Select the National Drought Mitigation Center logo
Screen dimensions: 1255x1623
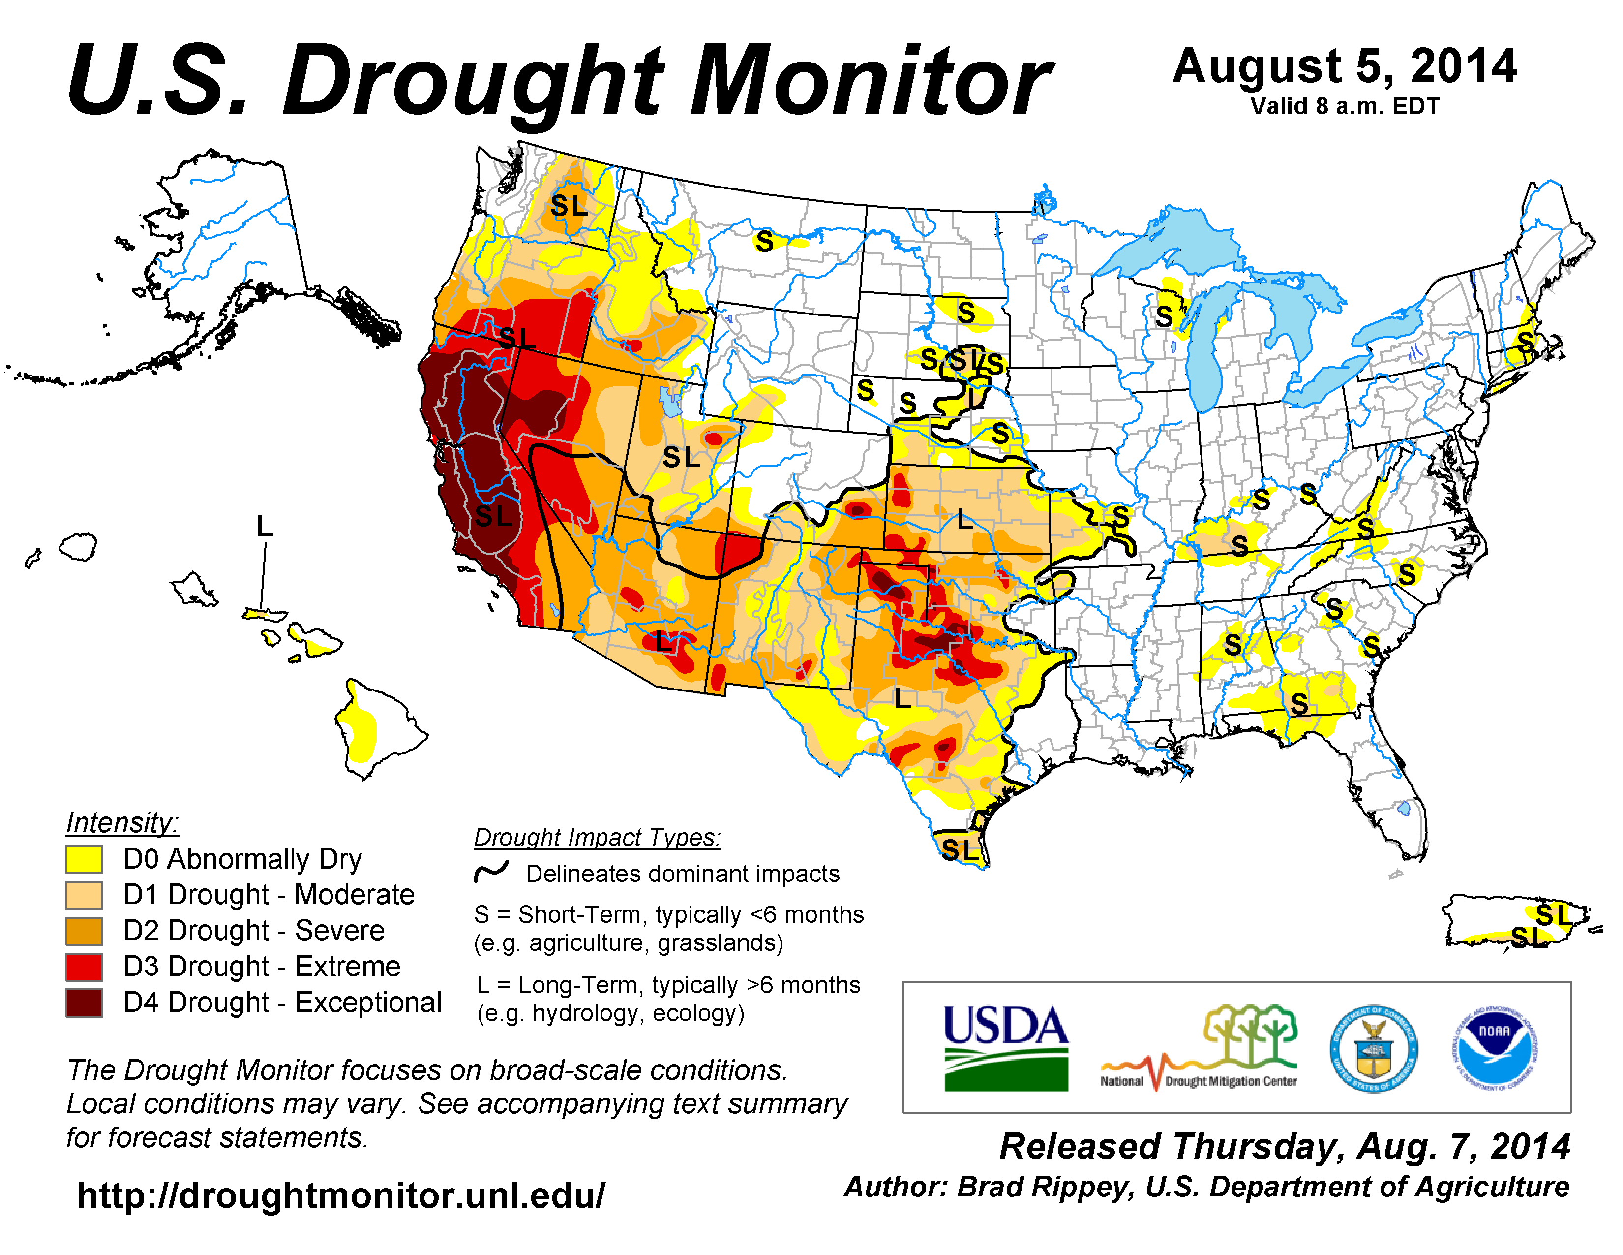(1199, 1048)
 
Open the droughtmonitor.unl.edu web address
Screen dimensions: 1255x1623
(341, 1195)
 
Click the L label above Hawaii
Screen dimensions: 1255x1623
(265, 527)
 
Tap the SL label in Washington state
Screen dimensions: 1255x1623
(569, 206)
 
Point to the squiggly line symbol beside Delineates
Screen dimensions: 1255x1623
(491, 872)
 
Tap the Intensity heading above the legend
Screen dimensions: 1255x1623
(122, 822)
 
